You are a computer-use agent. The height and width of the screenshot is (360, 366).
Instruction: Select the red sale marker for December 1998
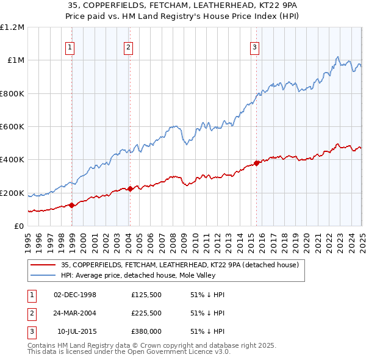coord(72,205)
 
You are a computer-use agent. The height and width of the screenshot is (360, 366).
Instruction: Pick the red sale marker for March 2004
coord(131,189)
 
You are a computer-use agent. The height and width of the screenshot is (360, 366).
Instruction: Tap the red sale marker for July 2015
coord(256,163)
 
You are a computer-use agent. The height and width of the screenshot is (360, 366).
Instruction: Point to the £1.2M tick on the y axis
coord(12,27)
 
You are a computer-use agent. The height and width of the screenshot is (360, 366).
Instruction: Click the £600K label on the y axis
coord(12,127)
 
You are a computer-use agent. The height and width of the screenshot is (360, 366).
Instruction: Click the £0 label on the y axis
coord(18,226)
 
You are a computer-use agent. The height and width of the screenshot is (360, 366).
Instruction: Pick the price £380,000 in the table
coord(146,331)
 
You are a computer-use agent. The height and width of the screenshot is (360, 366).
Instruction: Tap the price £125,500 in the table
coord(146,295)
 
